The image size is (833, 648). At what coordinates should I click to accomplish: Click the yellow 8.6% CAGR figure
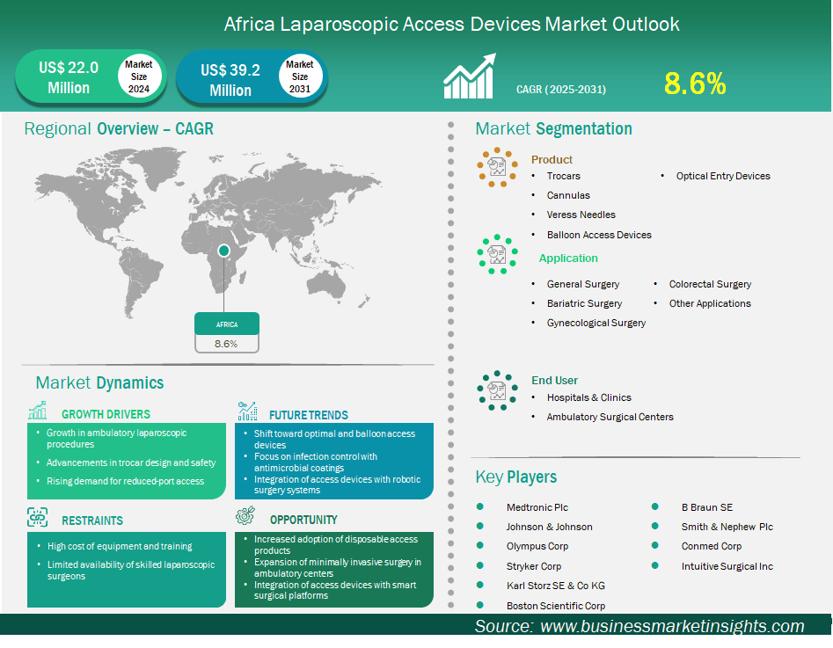(695, 84)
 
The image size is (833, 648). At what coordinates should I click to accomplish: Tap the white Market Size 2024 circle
(139, 76)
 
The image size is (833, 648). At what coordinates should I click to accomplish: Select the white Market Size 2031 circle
(300, 76)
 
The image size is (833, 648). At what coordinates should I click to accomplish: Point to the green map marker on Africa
(223, 251)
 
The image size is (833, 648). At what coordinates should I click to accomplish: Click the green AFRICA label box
(227, 324)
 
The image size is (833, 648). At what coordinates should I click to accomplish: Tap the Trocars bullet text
(563, 176)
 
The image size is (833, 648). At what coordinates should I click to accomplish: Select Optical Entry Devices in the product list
(723, 176)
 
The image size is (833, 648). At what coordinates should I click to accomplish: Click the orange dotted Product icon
(497, 167)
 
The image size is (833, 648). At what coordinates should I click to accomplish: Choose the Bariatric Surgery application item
(584, 303)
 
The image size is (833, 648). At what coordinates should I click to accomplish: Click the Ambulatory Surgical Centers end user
(610, 417)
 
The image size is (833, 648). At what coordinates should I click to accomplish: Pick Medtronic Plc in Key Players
(537, 507)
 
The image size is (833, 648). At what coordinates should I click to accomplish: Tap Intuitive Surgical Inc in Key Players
(727, 566)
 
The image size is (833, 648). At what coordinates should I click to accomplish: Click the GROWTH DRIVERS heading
(106, 414)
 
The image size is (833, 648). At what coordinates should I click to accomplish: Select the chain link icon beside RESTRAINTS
(37, 517)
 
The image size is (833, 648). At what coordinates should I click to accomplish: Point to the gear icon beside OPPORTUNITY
(245, 515)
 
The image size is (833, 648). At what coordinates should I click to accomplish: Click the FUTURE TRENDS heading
(309, 415)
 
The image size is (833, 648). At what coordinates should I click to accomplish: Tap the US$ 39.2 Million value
(230, 80)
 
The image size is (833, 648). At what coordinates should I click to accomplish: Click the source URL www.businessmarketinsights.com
(672, 626)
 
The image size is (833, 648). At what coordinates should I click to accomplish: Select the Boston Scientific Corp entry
(556, 606)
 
